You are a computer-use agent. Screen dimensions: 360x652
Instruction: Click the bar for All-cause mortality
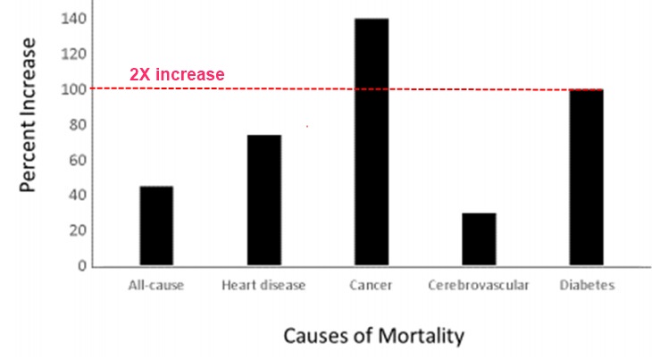(x=156, y=226)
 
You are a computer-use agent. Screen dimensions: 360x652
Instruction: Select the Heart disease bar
(x=263, y=200)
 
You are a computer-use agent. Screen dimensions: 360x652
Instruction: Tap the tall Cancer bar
(x=372, y=142)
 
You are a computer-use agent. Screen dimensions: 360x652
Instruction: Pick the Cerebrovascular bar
(x=479, y=239)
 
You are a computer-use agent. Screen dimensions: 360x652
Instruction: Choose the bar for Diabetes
(x=587, y=178)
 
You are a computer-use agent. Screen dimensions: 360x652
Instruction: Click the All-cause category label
(x=156, y=286)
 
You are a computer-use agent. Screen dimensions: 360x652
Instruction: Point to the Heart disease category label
(x=263, y=286)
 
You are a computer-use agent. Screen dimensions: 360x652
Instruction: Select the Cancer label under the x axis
(x=372, y=286)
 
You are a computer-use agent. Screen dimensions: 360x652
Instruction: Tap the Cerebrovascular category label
(x=479, y=286)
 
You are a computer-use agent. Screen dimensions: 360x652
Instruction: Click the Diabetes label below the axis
(x=587, y=286)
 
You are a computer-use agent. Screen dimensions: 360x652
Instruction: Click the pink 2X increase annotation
(x=176, y=75)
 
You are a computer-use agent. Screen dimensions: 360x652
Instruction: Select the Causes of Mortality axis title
(x=373, y=336)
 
